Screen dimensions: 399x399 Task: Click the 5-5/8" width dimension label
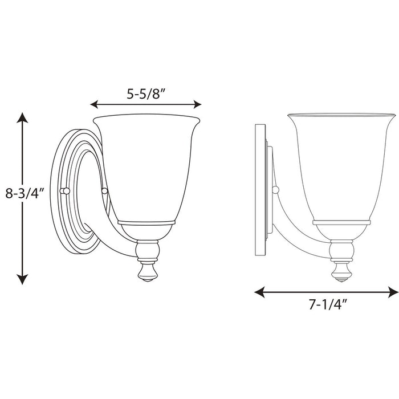tap(146, 95)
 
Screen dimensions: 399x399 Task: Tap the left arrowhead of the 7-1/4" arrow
tap(258, 292)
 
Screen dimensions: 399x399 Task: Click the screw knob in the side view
tap(276, 190)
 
